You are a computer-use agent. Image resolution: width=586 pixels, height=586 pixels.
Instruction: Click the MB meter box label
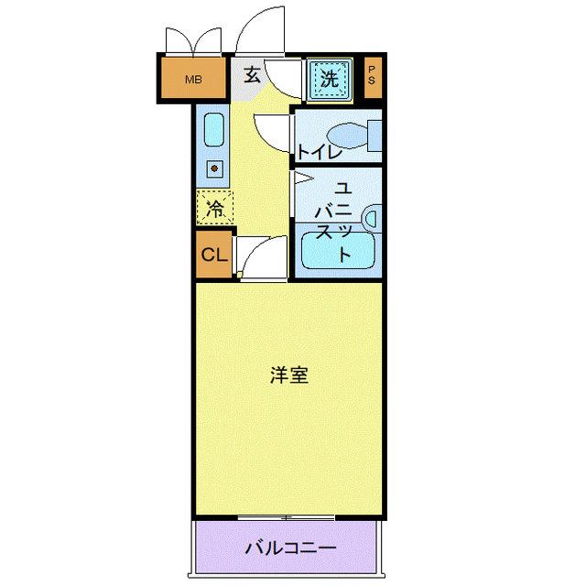pyautogui.click(x=192, y=80)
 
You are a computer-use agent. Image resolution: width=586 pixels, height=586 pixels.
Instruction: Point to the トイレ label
pyautogui.click(x=318, y=152)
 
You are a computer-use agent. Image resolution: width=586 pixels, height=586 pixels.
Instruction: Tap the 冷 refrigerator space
pyautogui.click(x=214, y=208)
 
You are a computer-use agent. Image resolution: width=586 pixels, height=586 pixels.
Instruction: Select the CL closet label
pyautogui.click(x=212, y=255)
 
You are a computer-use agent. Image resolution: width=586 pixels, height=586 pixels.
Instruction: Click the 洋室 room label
pyautogui.click(x=288, y=375)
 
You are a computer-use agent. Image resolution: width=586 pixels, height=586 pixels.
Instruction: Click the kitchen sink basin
pyautogui.click(x=212, y=129)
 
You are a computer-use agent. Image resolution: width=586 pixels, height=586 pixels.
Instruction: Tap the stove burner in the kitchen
pyautogui.click(x=213, y=168)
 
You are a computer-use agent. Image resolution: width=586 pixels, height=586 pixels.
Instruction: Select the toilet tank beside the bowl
pyautogui.click(x=374, y=135)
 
